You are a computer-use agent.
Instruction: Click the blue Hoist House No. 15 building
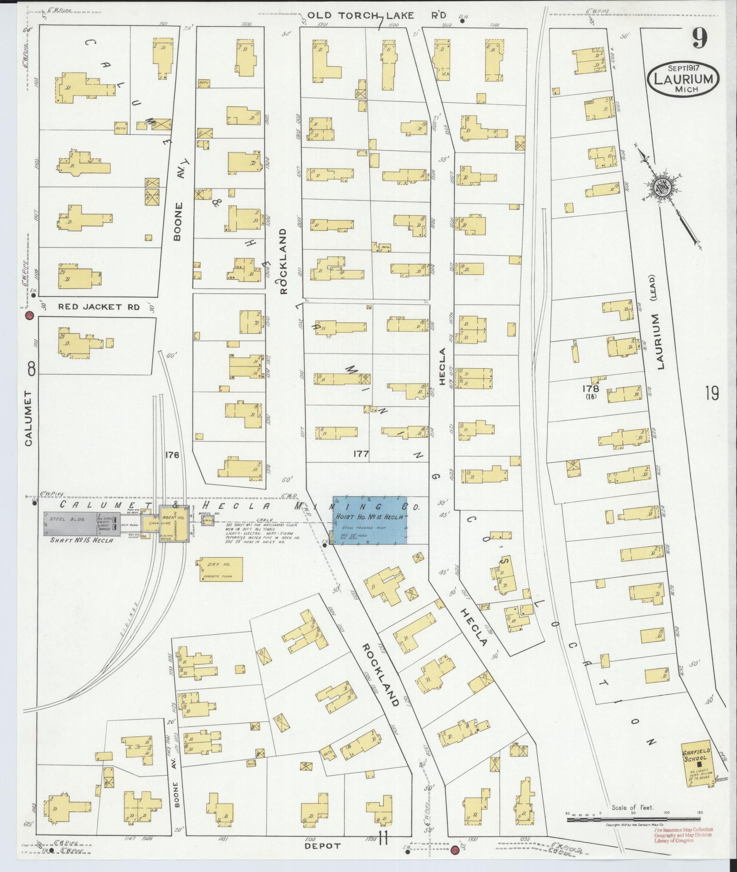click(369, 520)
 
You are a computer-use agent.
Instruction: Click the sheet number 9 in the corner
click(699, 39)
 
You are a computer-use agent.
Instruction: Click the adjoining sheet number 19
click(712, 393)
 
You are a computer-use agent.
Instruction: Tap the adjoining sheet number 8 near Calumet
click(31, 370)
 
